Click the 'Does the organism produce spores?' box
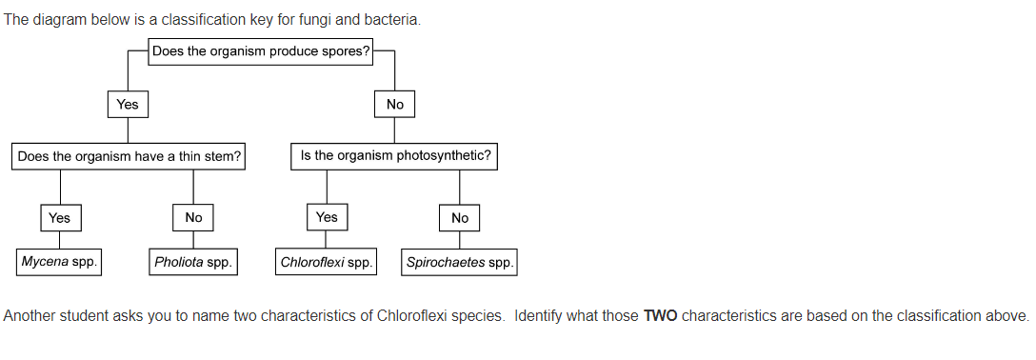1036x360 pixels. click(260, 51)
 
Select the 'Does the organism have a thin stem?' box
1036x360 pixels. click(129, 157)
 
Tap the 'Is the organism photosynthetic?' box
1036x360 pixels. click(394, 156)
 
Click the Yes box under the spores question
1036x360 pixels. click(128, 105)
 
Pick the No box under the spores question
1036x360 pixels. click(394, 105)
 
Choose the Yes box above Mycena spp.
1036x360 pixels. click(61, 218)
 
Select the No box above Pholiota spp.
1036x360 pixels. click(193, 218)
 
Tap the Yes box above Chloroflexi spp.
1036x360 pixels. click(327, 217)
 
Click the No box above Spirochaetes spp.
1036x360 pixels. click(459, 218)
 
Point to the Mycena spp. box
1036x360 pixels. click(59, 262)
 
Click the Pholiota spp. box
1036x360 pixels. click(193, 262)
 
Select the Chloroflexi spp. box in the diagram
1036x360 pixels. click(326, 262)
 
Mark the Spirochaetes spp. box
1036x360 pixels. click(459, 262)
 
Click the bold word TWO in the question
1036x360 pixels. click(661, 316)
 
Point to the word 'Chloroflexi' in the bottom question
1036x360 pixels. click(412, 316)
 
